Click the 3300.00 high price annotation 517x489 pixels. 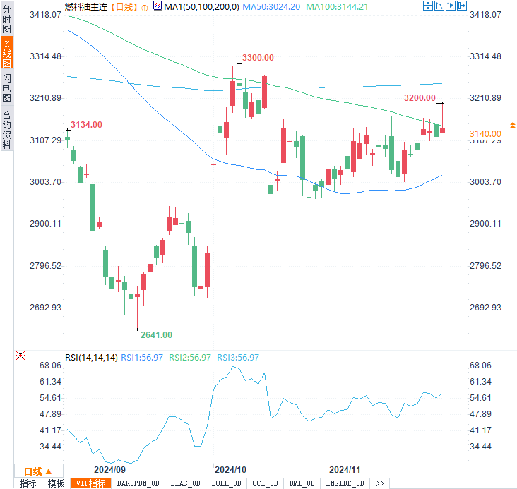(258, 57)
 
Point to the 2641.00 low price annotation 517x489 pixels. (156, 334)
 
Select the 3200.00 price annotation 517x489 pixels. (420, 97)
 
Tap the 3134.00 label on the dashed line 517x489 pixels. (87, 125)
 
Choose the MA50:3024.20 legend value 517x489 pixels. (271, 6)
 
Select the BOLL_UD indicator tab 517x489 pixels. (226, 483)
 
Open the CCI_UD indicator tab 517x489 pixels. (264, 483)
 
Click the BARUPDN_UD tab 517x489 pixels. (138, 483)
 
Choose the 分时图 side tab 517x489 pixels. (6, 17)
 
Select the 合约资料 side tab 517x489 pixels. (6, 130)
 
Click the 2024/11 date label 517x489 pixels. (345, 469)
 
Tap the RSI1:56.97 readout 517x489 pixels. (143, 358)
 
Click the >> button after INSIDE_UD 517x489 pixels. (380, 483)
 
